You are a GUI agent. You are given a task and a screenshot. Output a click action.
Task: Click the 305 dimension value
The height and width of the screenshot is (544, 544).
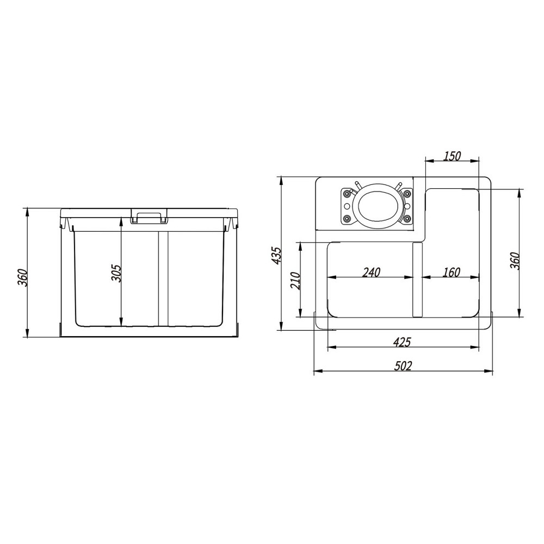(117, 273)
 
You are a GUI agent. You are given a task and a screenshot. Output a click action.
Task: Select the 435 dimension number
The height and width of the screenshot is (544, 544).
(277, 255)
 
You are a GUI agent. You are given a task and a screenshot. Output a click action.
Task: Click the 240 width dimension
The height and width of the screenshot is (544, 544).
(371, 273)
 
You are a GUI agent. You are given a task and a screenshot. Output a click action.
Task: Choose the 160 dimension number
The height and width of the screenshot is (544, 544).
(452, 273)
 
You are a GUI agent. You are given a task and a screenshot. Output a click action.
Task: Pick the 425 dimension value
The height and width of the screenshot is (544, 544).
(402, 342)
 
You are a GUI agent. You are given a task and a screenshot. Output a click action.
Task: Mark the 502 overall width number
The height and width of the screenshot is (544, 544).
(403, 366)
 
